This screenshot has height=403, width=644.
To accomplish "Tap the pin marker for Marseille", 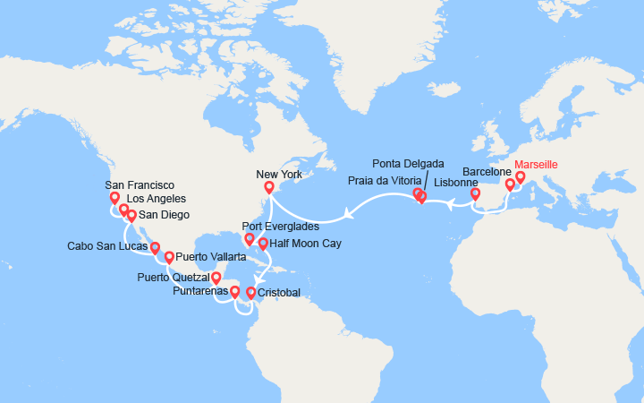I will point(520,177).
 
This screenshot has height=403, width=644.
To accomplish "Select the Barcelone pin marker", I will point(510,184).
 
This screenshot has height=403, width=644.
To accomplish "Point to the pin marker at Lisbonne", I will point(475,193).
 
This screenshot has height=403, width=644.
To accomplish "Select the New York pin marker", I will point(268,187).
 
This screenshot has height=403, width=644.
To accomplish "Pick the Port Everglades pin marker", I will point(249,239).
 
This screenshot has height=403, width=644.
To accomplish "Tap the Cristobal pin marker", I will point(250,293).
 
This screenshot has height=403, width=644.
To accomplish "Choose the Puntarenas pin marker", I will point(234,291).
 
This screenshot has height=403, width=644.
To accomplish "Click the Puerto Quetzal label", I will point(173,278).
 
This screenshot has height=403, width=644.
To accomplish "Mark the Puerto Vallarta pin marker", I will point(168,257).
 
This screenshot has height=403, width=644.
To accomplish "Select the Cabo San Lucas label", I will point(107,245).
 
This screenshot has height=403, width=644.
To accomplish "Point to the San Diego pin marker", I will point(131,215).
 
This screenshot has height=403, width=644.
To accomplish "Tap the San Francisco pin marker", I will point(114,198).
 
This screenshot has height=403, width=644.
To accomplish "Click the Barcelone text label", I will point(487,171).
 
